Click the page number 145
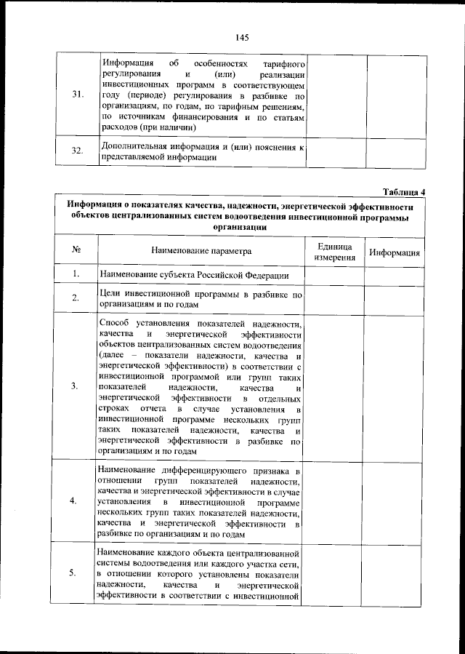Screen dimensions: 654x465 242,37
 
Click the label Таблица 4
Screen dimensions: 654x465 403,192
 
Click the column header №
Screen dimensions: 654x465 76,251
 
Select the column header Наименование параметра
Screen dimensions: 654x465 201,251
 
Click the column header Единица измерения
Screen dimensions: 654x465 335,251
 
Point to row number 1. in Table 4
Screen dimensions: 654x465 76,274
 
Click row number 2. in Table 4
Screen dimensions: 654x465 76,298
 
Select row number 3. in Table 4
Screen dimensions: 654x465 76,386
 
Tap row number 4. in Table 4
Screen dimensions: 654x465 76,501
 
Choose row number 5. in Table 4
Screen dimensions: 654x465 76,573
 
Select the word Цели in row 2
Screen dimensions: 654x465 109,293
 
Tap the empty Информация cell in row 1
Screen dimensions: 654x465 394,275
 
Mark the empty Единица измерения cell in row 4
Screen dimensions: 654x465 335,501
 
